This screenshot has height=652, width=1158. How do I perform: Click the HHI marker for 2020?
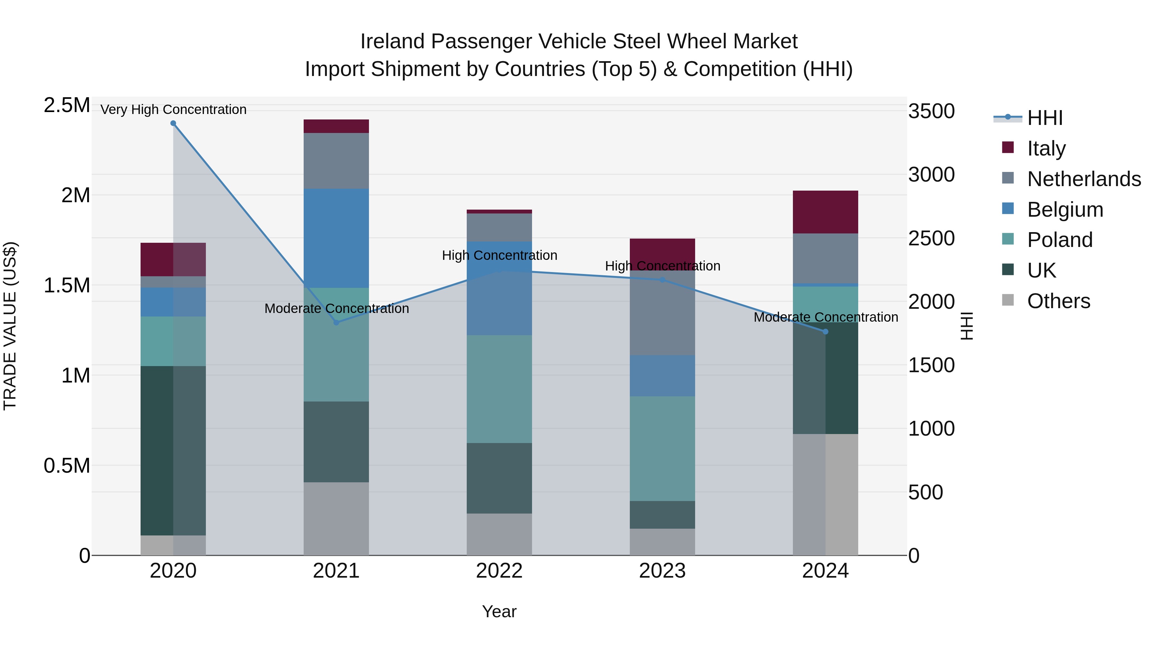click(x=173, y=123)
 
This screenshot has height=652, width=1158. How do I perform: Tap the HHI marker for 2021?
click(x=336, y=322)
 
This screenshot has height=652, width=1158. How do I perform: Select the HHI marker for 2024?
click(x=825, y=332)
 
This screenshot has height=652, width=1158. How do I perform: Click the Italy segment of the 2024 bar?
click(x=825, y=212)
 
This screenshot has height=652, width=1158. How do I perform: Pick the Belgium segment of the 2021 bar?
click(x=336, y=238)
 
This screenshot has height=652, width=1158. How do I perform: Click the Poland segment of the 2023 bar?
click(x=662, y=448)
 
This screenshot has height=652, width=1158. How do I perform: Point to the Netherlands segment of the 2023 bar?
click(x=662, y=313)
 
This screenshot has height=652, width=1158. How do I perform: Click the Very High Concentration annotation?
click(x=173, y=109)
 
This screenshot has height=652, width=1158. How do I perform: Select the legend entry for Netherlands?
click(x=1084, y=179)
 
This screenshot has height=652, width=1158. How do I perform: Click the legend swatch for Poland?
click(x=1008, y=239)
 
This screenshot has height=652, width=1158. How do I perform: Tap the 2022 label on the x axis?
click(x=499, y=571)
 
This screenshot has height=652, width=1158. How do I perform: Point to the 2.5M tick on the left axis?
click(x=67, y=105)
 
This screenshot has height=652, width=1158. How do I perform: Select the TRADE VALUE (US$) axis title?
click(x=10, y=326)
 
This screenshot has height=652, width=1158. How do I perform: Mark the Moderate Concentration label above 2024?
click(x=825, y=317)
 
